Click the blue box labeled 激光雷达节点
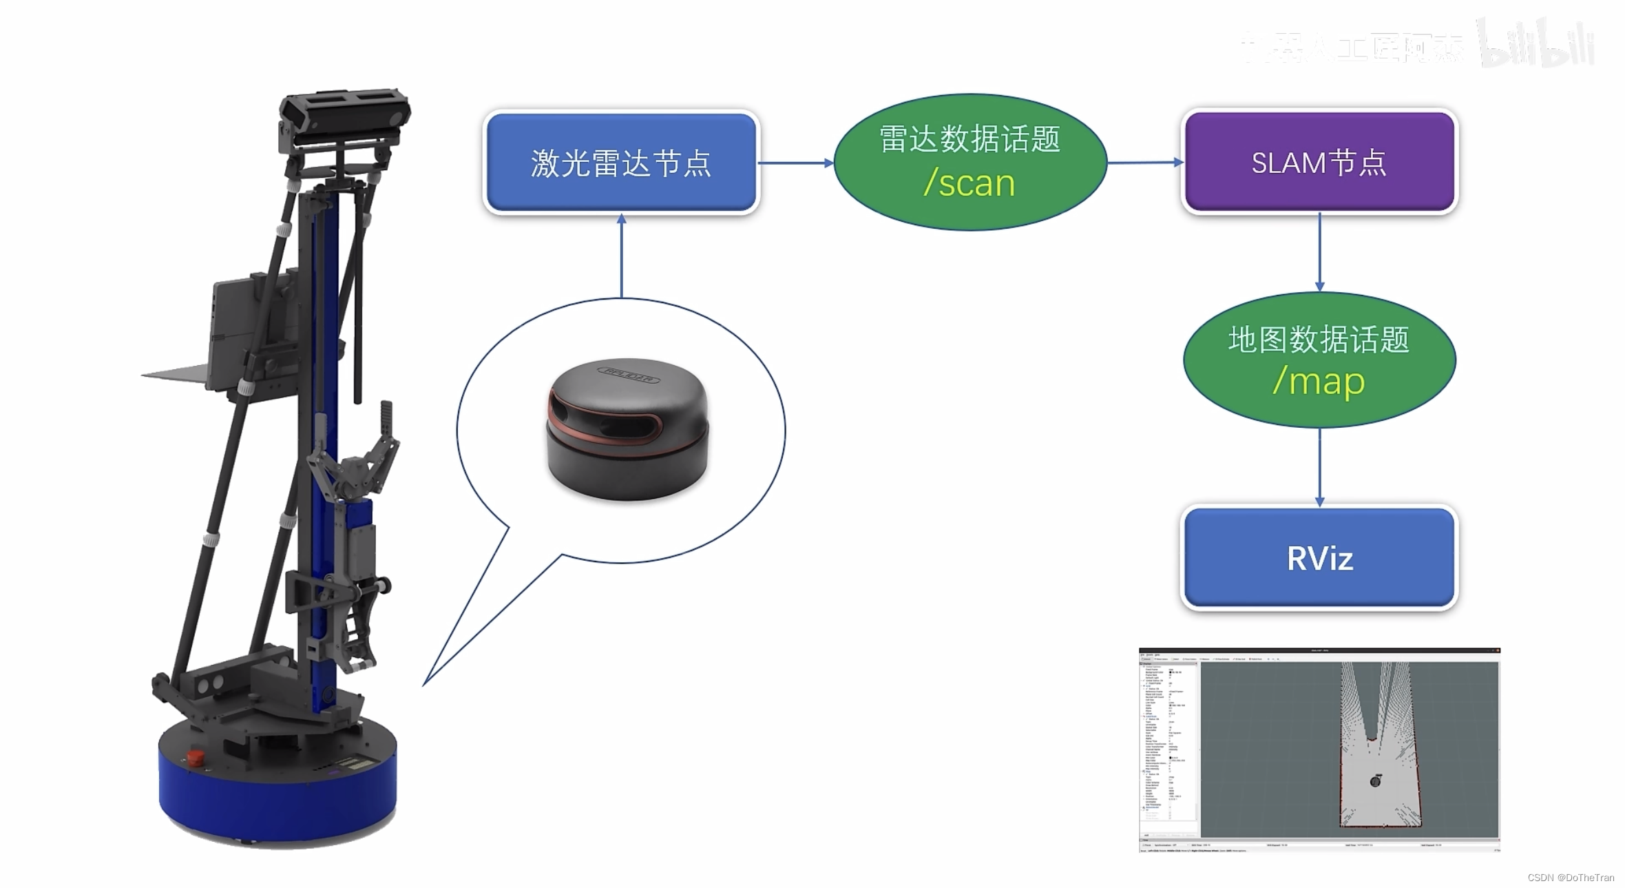621,163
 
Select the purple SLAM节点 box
1319,163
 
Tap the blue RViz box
1319,558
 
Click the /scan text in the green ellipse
969,183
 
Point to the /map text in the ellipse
1319,381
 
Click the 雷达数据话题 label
969,139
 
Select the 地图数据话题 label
1319,340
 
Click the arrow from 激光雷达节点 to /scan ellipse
795,163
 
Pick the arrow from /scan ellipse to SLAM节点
1144,163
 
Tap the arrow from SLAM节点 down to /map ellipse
1319,252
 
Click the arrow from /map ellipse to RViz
1319,466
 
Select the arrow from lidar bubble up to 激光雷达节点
622,255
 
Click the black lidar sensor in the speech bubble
627,428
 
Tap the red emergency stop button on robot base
196,758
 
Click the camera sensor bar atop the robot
344,110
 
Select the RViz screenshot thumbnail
1319,750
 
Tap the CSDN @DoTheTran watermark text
1571,878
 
